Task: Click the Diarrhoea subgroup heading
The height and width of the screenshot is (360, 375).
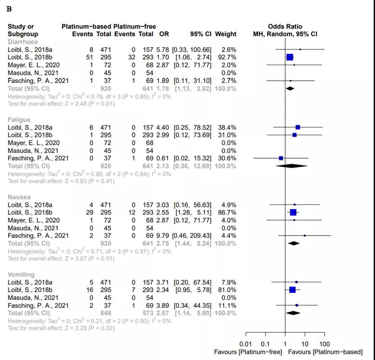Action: pos(22,42)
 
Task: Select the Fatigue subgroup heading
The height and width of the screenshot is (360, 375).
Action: pos(19,119)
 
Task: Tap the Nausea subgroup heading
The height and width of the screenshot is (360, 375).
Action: pos(19,197)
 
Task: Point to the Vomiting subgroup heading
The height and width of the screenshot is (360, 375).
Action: pos(21,274)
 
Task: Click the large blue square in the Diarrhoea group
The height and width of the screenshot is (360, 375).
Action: pos(289,57)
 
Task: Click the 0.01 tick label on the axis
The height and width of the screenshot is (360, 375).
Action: pos(246,344)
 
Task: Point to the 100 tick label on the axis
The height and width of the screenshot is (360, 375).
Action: pos(324,344)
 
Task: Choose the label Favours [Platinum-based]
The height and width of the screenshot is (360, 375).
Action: pos(325,352)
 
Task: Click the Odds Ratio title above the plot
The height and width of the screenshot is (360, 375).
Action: pos(285,27)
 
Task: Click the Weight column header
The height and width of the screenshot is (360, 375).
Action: pos(226,34)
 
